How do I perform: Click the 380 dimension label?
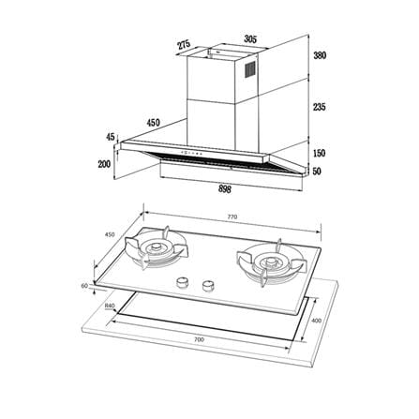coord(320,55)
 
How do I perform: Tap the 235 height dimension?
coord(320,107)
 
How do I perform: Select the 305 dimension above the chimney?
coord(250,39)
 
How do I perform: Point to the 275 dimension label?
coord(184,45)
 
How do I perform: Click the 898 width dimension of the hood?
coord(225,189)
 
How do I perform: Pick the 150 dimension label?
coord(319,154)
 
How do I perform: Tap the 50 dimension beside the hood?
coord(317,172)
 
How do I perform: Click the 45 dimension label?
coord(111,137)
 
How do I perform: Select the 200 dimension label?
coord(104,164)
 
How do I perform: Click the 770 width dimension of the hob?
coord(232,217)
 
